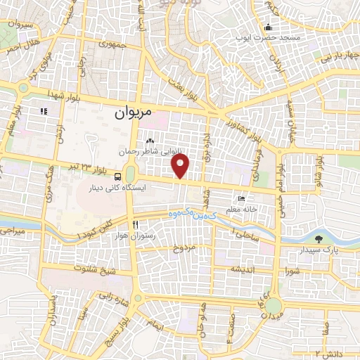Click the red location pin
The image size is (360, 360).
click(x=181, y=166)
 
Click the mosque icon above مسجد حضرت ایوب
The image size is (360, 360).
click(x=267, y=27)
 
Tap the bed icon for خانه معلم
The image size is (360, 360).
click(x=242, y=199)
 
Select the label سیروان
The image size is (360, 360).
click(x=19, y=25)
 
